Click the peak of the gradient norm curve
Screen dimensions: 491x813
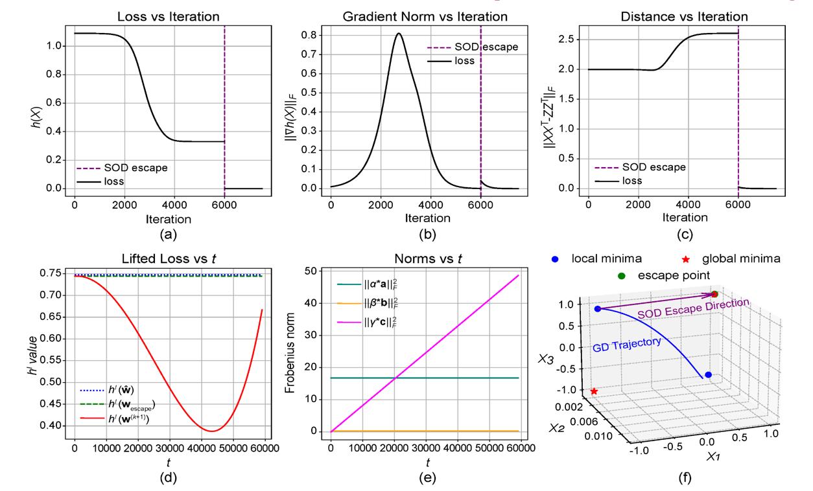(399, 34)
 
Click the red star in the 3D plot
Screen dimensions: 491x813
(594, 391)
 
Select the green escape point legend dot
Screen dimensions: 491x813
(622, 276)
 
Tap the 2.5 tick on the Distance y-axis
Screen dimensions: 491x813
(574, 39)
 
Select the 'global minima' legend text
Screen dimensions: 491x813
(745, 258)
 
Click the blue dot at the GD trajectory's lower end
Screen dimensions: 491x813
(708, 375)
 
